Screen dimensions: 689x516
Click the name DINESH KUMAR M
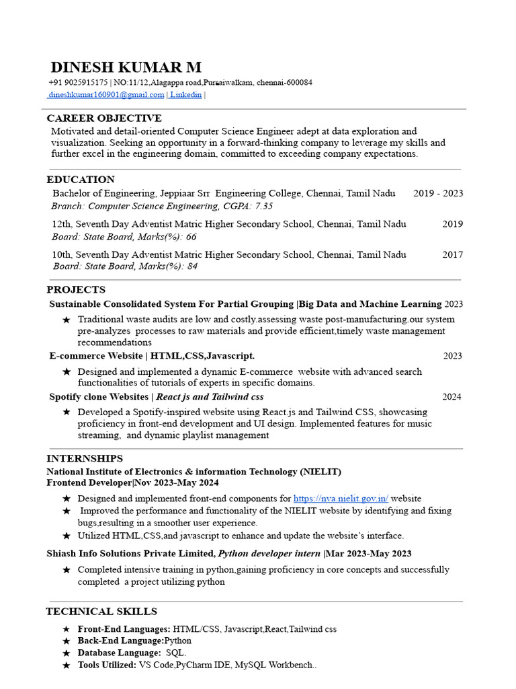[x=126, y=67]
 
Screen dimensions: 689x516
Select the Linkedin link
[x=185, y=95]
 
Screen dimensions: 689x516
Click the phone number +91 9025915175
[x=78, y=83]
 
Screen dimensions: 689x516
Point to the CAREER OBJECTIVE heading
[x=104, y=118]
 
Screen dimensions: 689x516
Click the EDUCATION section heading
[x=81, y=180]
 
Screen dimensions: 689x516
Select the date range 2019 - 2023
[x=438, y=193]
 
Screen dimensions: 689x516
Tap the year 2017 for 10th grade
[x=452, y=254]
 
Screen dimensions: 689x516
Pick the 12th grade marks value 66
[x=191, y=237]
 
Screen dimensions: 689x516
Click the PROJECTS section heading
[x=76, y=290]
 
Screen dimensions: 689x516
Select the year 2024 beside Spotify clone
[x=451, y=397]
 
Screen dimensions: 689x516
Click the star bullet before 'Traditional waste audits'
[x=66, y=320]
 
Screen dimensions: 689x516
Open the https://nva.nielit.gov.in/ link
[x=341, y=499]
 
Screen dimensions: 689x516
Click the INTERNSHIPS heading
[x=85, y=459]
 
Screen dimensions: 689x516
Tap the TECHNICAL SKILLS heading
[x=101, y=612]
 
